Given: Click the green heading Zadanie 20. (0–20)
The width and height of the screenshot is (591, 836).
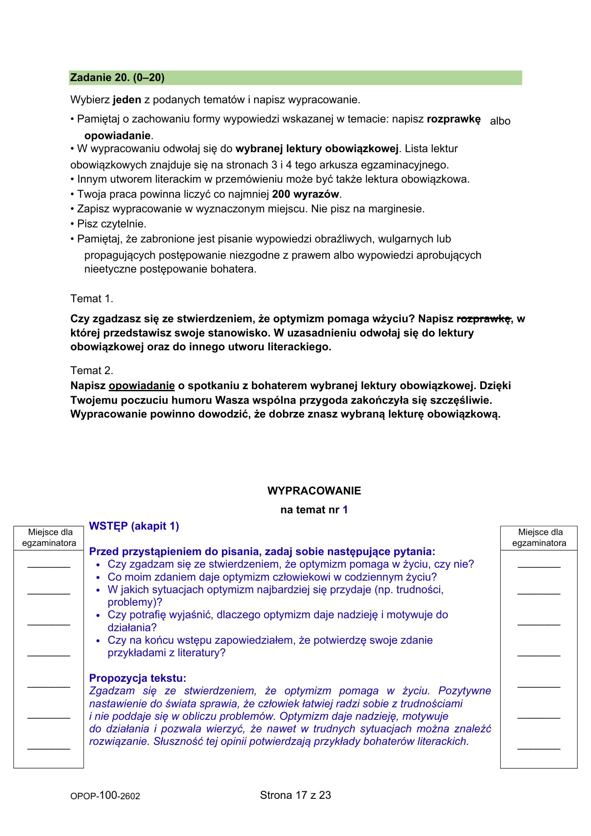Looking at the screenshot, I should point(117,78).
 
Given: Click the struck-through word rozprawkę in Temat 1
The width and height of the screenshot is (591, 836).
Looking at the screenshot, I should point(484,319).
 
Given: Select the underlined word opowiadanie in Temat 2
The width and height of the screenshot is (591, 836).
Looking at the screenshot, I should point(142,385).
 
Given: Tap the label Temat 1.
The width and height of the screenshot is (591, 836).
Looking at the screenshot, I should point(92,299).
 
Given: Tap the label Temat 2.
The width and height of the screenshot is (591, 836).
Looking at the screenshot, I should point(92,370).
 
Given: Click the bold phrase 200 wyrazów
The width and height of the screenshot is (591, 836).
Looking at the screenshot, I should point(306,194).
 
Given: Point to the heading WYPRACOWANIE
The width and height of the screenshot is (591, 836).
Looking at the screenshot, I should point(314,491).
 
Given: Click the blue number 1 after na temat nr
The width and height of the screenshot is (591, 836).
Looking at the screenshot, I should point(345,510).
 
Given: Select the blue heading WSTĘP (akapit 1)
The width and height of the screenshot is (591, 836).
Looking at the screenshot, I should point(134,526).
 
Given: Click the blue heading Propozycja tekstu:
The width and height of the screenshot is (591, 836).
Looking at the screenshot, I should point(138,678).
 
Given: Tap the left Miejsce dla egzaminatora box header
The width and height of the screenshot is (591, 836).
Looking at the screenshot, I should point(49,538).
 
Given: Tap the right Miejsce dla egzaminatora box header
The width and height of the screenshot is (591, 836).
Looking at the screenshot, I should point(539,538).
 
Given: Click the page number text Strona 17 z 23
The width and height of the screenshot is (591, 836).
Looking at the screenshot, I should point(295,795).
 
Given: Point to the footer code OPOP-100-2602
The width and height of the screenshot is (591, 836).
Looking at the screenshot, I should point(105,796).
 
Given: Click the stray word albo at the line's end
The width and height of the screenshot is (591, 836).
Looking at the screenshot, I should point(500,121).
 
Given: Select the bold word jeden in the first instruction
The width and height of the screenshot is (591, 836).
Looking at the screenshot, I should point(127,100).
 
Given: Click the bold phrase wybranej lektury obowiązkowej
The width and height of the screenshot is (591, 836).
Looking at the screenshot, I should point(317,149).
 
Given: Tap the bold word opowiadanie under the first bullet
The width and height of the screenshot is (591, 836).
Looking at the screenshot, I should point(117,135).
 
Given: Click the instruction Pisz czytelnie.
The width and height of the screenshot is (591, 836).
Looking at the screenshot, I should point(112,224).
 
